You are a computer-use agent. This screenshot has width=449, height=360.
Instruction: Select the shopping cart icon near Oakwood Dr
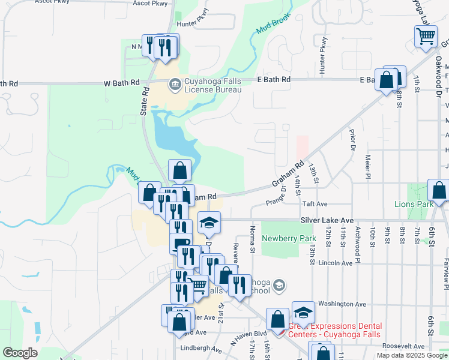[426, 36]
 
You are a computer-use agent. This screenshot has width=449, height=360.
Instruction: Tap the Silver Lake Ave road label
[328, 221]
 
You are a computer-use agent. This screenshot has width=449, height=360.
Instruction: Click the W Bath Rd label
[121, 82]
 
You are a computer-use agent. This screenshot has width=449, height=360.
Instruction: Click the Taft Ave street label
[315, 204]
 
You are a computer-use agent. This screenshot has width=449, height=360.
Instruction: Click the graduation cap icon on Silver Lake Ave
[209, 223]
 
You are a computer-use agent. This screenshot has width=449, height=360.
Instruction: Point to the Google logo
[20, 353]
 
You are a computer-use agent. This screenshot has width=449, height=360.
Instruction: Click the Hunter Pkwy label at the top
[193, 25]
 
